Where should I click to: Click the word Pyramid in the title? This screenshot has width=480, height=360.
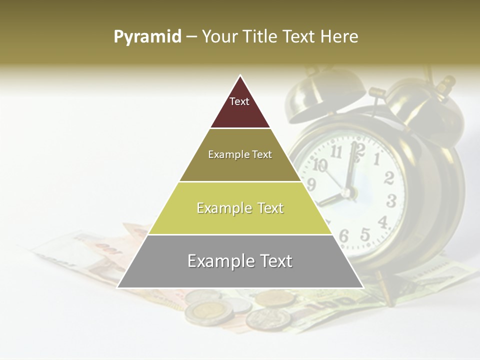147,37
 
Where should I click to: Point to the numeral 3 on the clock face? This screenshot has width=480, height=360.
391,201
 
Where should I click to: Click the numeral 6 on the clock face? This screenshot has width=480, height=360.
344,235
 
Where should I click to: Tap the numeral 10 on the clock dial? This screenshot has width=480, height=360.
320,164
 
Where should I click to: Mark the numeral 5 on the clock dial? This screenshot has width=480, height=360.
365,233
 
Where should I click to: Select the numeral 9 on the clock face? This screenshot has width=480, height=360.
311,185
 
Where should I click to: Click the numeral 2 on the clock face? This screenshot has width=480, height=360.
388,178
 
